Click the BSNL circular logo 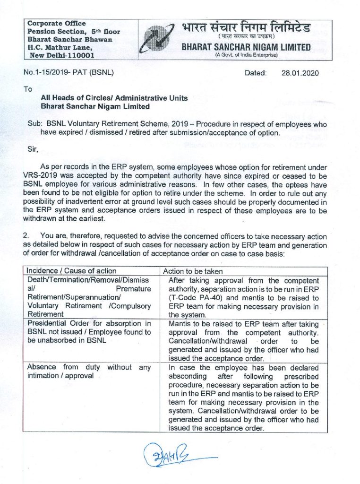pyautogui.click(x=158, y=39)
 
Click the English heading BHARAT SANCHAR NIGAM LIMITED pyautogui.click(x=246, y=47)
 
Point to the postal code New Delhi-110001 pyautogui.click(x=62, y=55)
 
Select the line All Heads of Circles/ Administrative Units pyautogui.click(x=114, y=98)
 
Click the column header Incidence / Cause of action pyautogui.click(x=71, y=271)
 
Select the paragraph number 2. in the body pyautogui.click(x=26, y=236)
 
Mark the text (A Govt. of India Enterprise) pyautogui.click(x=246, y=55)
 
